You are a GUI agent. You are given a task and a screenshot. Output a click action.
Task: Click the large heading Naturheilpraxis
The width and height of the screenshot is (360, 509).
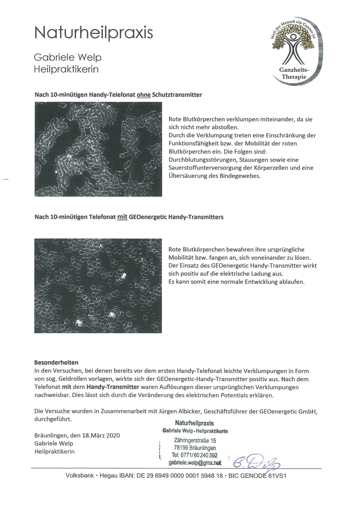point(93,33)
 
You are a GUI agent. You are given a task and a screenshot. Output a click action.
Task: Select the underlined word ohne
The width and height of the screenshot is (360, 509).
point(143,95)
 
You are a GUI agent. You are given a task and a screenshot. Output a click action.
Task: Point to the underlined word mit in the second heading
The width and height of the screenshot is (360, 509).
point(122,217)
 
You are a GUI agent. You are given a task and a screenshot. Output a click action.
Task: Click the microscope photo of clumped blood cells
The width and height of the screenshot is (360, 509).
point(98,149)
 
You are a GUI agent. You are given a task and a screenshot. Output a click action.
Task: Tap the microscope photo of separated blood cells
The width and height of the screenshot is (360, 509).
point(98,286)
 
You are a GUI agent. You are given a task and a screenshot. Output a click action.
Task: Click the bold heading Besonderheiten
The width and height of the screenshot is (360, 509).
point(56,362)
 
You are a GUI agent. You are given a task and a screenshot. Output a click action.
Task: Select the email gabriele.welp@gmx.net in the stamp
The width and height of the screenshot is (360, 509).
point(195,462)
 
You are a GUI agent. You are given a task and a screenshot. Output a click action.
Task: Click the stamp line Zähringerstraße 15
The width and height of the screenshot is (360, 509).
point(195,440)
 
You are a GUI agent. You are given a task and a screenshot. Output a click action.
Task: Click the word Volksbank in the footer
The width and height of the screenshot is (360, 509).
point(79,476)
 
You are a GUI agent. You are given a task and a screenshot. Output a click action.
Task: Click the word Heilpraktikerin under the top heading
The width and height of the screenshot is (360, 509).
point(66,69)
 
